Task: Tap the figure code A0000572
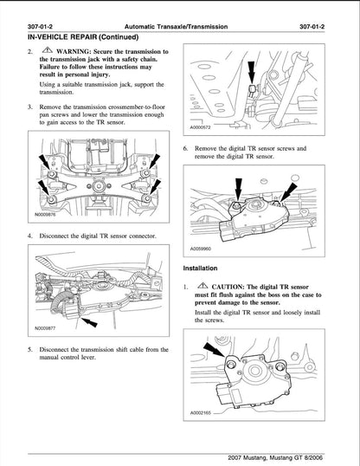(201, 127)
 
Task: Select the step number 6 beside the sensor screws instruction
(185, 149)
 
